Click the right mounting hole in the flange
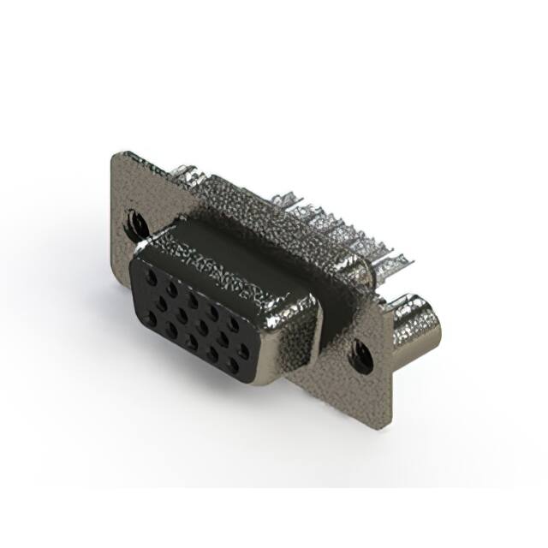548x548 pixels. click(x=357, y=351)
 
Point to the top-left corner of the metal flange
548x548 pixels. click(x=118, y=155)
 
